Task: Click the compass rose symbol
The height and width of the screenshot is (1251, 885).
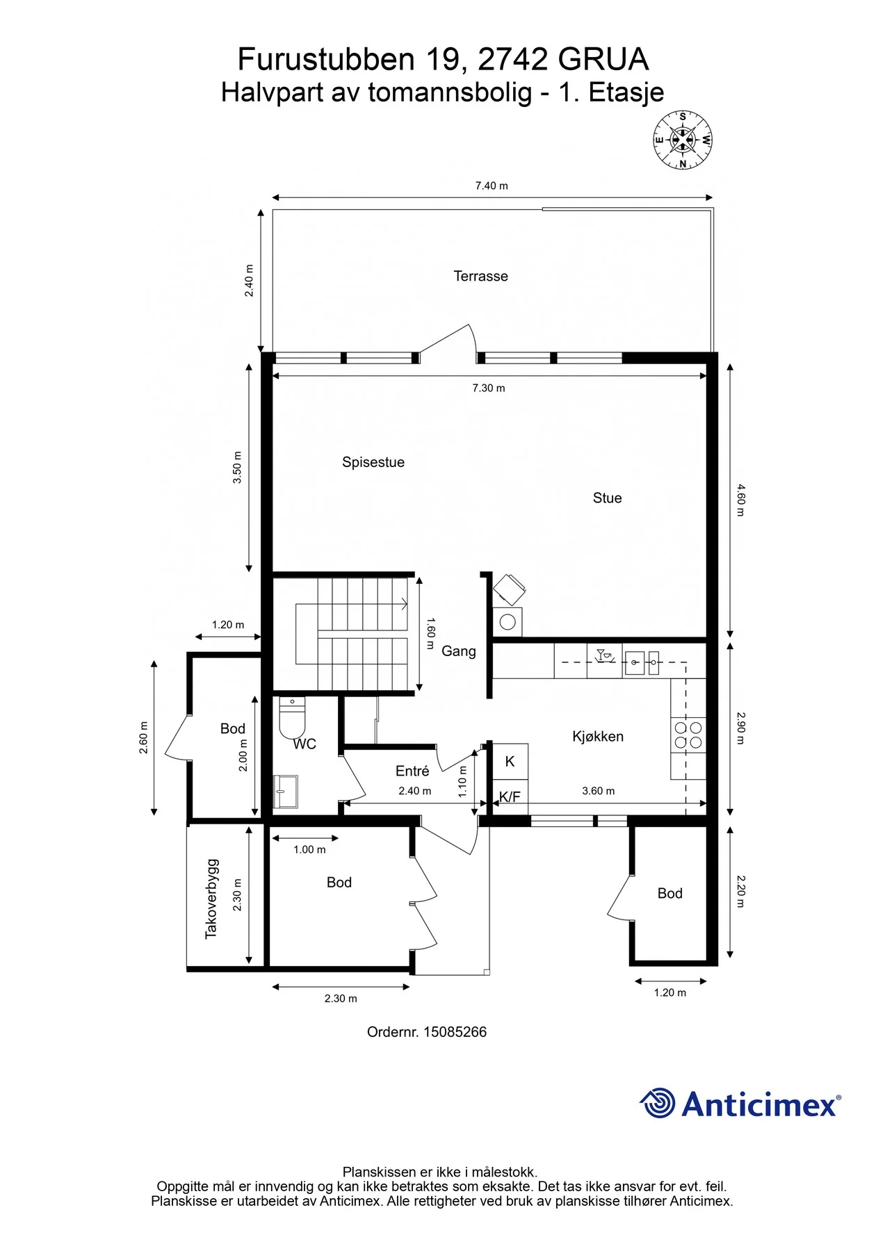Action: pyautogui.click(x=683, y=140)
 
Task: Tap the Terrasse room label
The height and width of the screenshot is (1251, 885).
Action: pyautogui.click(x=480, y=276)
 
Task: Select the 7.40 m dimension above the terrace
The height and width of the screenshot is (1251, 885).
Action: pyautogui.click(x=492, y=186)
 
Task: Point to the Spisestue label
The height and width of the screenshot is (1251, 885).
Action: pyautogui.click(x=373, y=462)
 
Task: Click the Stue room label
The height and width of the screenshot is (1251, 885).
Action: pyautogui.click(x=607, y=498)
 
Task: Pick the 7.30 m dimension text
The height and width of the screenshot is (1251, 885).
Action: pyautogui.click(x=489, y=388)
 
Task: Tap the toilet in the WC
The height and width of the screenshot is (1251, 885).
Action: pyautogui.click(x=292, y=718)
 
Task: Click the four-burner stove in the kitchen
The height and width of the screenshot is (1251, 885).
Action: pyautogui.click(x=688, y=735)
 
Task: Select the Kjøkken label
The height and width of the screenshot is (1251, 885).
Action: pyautogui.click(x=598, y=736)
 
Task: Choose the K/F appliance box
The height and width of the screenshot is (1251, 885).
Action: pyautogui.click(x=510, y=796)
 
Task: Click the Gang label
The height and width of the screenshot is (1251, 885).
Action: pyautogui.click(x=459, y=651)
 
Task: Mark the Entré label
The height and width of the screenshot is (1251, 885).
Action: pyautogui.click(x=412, y=771)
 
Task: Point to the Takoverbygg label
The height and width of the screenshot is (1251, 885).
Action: pyautogui.click(x=211, y=899)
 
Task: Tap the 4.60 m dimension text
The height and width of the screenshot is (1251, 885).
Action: pyautogui.click(x=740, y=500)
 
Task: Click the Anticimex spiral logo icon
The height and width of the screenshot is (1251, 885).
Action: pyautogui.click(x=657, y=1103)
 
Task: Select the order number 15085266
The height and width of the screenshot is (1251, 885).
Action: pyautogui.click(x=455, y=1032)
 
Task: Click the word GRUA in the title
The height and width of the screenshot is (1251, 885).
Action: pyautogui.click(x=603, y=59)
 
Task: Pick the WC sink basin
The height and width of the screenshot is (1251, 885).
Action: pyautogui.click(x=286, y=792)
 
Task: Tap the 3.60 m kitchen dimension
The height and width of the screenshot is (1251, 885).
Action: pyautogui.click(x=598, y=791)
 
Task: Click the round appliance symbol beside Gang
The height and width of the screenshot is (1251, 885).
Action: pyautogui.click(x=508, y=621)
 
